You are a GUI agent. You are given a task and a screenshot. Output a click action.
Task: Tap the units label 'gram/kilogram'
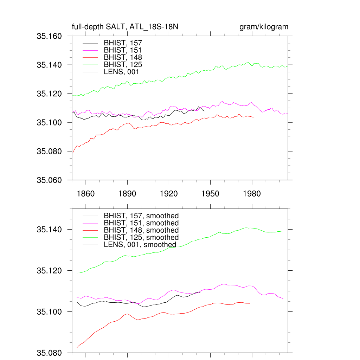264,27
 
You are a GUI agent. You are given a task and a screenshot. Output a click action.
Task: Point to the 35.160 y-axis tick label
49,36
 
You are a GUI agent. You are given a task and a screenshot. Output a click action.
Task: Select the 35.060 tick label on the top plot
49,180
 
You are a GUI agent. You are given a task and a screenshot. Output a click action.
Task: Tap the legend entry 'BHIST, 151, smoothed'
141,223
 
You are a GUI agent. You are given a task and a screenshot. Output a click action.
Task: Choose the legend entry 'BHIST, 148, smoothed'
141,230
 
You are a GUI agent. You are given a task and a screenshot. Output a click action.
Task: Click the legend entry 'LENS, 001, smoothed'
140,244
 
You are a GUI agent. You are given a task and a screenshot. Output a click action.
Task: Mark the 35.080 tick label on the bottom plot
49,353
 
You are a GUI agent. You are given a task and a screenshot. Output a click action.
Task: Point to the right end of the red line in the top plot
254,117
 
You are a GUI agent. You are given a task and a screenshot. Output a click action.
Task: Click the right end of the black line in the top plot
204,111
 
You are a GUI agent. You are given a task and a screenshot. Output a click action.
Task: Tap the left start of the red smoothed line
77,348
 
